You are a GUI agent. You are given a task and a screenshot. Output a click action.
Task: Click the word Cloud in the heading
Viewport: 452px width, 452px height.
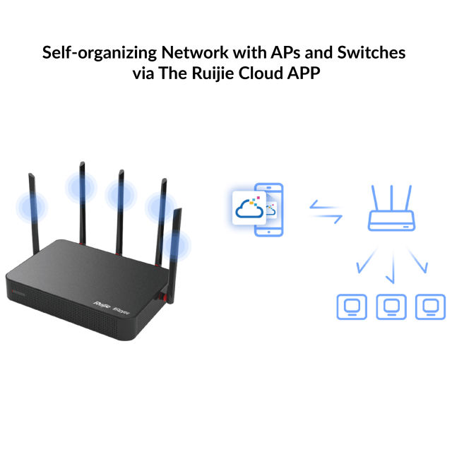click(x=256, y=73)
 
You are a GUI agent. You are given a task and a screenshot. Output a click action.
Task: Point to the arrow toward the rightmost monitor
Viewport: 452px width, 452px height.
click(x=417, y=263)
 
